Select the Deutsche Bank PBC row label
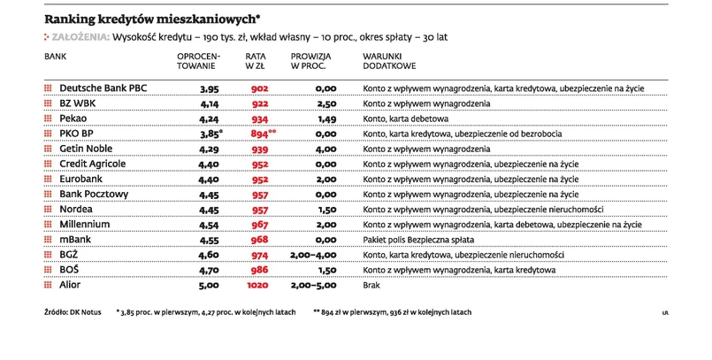tap(104, 89)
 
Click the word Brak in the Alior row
tap(372, 286)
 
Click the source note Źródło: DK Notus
tap(73, 312)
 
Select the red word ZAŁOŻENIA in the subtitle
tap(80, 37)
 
